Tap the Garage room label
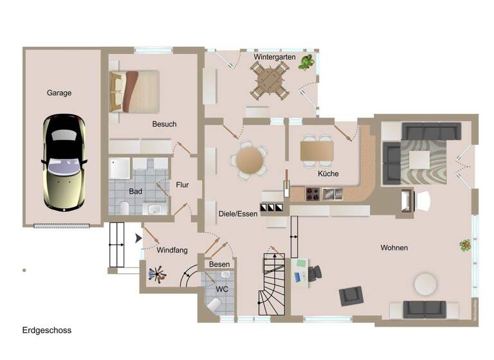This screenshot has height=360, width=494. pos(59,93)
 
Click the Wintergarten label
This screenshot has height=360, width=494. pos(274,57)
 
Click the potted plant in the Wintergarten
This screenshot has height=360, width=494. pos(307,62)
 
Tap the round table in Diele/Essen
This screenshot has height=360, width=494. pos(250,159)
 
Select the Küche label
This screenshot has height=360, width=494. pos(328,174)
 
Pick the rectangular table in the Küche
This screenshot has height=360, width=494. pos(317,150)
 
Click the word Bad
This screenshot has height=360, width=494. pos(135,191)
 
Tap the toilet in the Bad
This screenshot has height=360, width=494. pos(125,207)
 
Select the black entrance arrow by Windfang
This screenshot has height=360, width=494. pos(138,239)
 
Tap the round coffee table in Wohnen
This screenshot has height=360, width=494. pos(426,283)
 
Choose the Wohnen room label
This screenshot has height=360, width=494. pos(394,248)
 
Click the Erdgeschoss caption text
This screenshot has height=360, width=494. pos(46,330)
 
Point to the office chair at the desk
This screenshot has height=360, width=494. pos(315,272)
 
